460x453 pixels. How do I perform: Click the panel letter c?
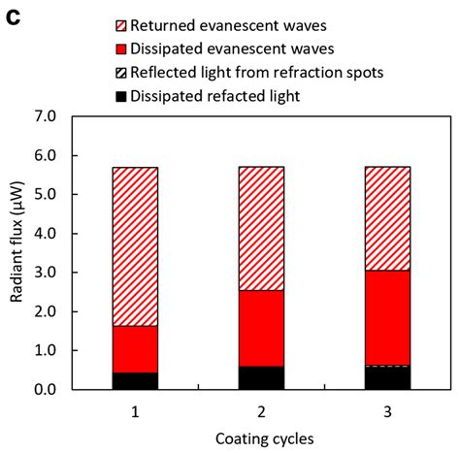click(13, 18)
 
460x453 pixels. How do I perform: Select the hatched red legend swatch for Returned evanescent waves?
click(121, 26)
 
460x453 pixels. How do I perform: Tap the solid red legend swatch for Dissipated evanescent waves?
click(121, 49)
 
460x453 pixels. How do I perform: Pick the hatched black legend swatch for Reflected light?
click(121, 73)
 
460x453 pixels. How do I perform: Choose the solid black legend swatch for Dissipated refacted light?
click(121, 96)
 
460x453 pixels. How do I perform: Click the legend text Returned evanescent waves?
click(228, 26)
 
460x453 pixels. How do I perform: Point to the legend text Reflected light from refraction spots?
click(257, 73)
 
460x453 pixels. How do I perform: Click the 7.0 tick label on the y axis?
click(44, 116)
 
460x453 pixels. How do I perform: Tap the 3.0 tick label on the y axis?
click(44, 273)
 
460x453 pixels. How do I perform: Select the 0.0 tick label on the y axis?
click(44, 390)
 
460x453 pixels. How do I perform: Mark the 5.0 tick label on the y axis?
click(44, 194)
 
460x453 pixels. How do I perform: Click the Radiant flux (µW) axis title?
click(16, 243)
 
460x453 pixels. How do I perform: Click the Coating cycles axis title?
click(265, 439)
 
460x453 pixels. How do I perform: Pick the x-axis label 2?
click(261, 412)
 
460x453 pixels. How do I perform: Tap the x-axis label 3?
click(387, 412)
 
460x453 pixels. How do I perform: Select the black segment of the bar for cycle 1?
click(135, 381)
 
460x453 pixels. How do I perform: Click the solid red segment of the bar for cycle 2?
click(261, 329)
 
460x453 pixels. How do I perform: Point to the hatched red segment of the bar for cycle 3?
click(387, 218)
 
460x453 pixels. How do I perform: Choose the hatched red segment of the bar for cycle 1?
click(135, 246)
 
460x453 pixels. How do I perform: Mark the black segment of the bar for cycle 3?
click(387, 378)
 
